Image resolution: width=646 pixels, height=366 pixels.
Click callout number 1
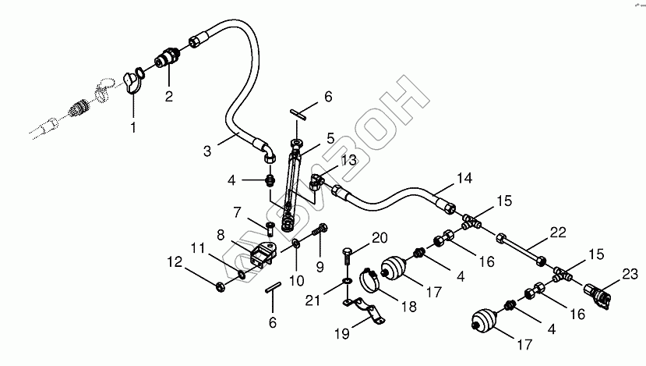pyautogui.click(x=132, y=125)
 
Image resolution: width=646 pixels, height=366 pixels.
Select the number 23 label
pyautogui.click(x=630, y=273)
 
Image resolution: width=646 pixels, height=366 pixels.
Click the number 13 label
pyautogui.click(x=348, y=160)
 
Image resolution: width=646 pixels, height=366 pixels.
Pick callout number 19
pyautogui.click(x=341, y=334)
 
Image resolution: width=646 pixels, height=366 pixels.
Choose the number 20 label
pyautogui.click(x=379, y=237)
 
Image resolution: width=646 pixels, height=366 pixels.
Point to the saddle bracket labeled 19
pyautogui.click(x=370, y=311)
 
